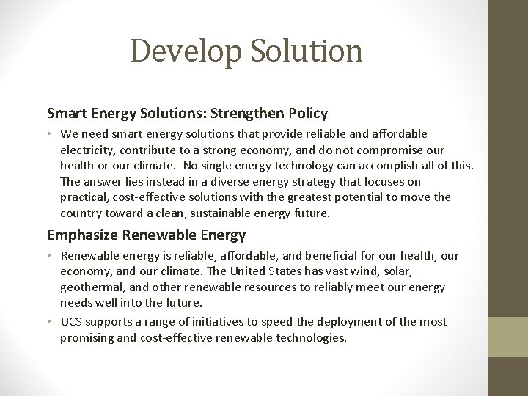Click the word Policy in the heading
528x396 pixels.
click(308, 114)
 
